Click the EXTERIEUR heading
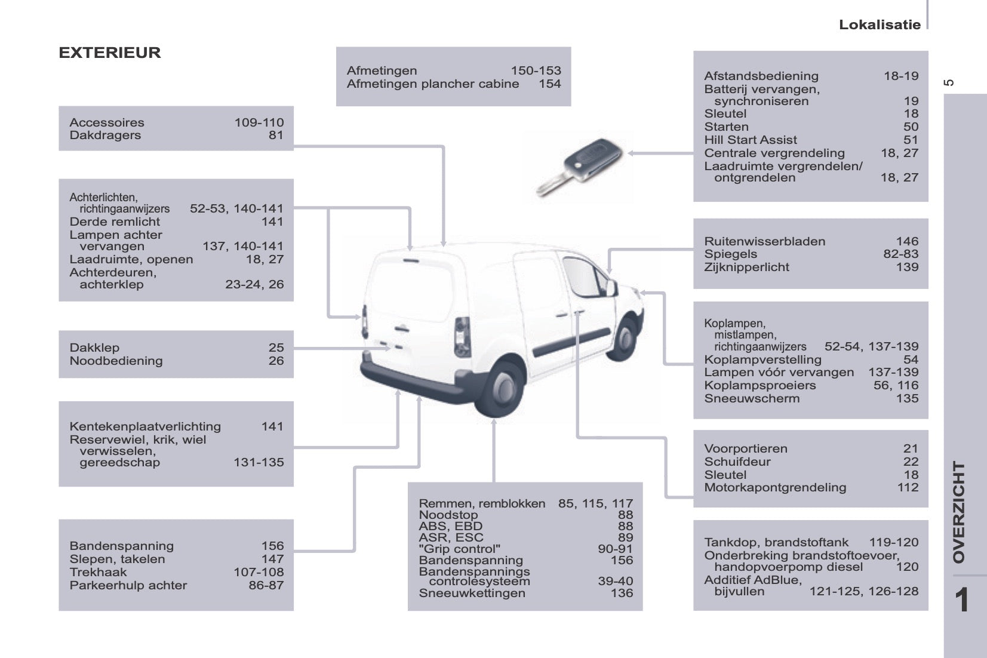[110, 53]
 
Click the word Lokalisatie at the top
[879, 24]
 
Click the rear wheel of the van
[500, 386]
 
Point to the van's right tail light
[462, 336]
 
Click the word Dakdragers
[105, 135]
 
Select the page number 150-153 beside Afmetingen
[536, 70]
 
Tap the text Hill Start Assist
[750, 140]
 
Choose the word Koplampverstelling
[762, 359]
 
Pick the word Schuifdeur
[737, 462]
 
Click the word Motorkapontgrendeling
[775, 487]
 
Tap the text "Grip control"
[459, 549]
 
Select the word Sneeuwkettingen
[472, 593]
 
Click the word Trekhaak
[98, 572]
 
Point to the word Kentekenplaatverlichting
[145, 426]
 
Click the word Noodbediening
[116, 361]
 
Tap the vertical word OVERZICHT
[958, 512]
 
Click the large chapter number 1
[961, 600]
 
